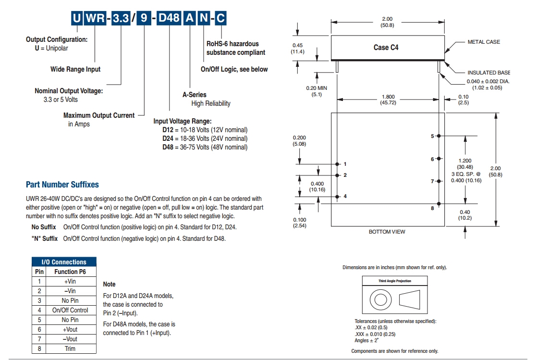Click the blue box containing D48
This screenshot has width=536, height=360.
tap(170, 19)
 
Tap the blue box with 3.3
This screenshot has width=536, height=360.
tap(120, 19)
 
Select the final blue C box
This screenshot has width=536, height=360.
tap(220, 19)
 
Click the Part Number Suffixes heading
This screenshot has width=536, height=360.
tap(62, 185)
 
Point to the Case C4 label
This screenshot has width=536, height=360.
tap(386, 47)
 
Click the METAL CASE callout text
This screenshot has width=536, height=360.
tap(484, 42)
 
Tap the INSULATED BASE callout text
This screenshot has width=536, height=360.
tap(488, 73)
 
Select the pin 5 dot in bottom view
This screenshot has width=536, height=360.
tap(439, 137)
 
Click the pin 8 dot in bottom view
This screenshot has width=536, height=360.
tap(439, 203)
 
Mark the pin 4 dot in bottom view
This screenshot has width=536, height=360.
tap(337, 196)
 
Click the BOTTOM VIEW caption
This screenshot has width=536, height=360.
tap(387, 232)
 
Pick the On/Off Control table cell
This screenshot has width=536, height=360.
tap(70, 310)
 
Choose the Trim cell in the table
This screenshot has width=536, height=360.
tap(70, 348)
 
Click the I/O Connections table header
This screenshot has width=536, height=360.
tap(64, 262)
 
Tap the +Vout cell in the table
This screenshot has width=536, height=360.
tap(70, 329)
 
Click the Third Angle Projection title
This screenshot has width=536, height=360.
tap(395, 281)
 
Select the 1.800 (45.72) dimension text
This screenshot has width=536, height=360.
tap(388, 100)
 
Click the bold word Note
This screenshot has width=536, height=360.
tap(110, 285)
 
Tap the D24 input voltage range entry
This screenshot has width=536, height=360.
tap(205, 138)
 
